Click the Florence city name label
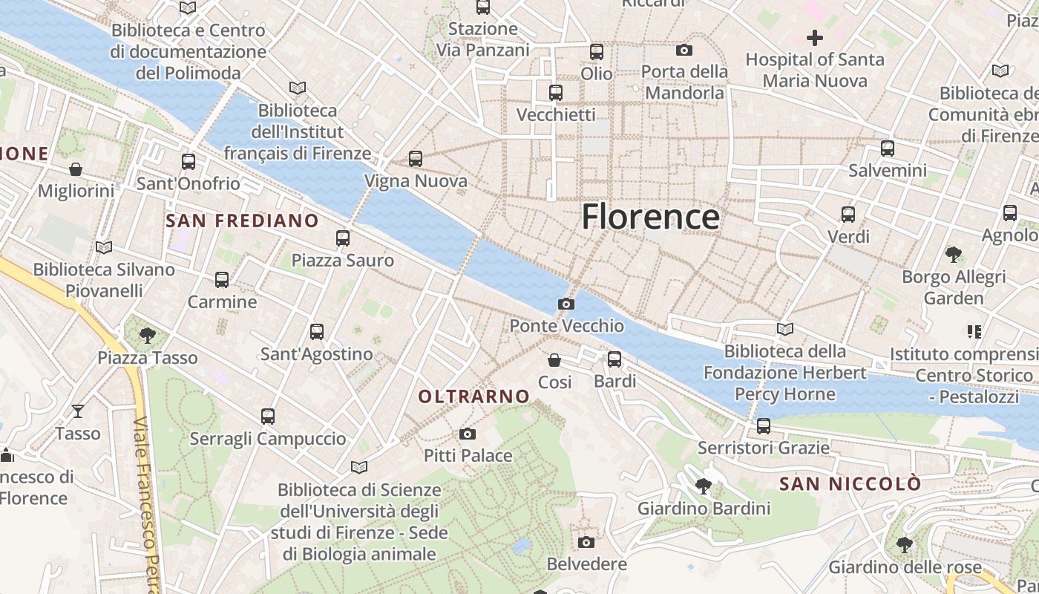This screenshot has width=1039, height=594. click(650, 217)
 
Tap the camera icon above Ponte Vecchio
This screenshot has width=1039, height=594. click(566, 304)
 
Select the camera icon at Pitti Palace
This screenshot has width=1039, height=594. click(467, 434)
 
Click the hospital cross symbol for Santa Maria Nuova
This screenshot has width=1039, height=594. click(815, 38)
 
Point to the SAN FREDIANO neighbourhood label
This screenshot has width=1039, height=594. click(242, 221)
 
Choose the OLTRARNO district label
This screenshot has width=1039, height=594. click(473, 396)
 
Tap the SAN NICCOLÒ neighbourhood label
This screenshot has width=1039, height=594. click(850, 484)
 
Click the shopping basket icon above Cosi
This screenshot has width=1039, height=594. click(554, 361)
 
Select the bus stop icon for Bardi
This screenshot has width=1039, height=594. click(614, 359)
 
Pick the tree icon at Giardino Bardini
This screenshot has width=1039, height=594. click(703, 487)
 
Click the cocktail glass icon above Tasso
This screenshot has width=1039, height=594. click(78, 411)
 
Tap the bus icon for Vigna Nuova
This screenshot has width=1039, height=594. click(416, 159)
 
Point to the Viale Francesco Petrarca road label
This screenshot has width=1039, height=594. click(146, 505)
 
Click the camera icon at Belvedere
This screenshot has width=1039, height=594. click(586, 543)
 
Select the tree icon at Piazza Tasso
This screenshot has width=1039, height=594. click(148, 336)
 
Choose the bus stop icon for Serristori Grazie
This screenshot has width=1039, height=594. click(763, 426)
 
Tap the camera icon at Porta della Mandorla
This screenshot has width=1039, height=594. click(684, 50)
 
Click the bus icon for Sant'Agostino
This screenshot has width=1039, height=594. click(317, 332)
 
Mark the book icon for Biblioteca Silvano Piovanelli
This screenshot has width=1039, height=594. click(104, 247)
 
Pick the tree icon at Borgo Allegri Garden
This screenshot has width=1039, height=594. click(954, 255)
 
